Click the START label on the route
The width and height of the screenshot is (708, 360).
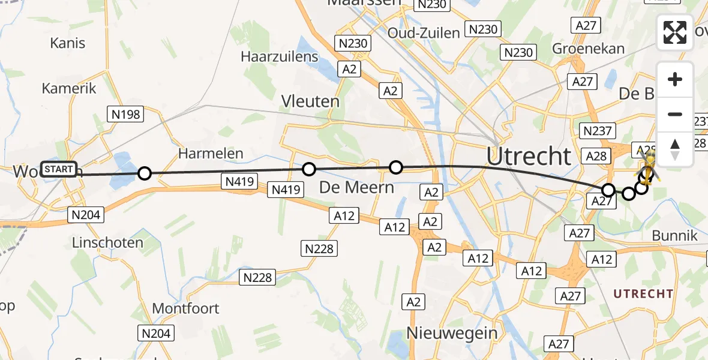59,169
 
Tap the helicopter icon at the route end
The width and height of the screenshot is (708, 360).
648,166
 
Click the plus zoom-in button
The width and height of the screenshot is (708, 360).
675,79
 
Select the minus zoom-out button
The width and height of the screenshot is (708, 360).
675,114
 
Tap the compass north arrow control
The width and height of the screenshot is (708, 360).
675,149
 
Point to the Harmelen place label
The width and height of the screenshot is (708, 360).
211,154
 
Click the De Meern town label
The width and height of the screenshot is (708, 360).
356,187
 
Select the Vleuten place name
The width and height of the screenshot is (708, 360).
311,101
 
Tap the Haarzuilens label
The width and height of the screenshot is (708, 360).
279,56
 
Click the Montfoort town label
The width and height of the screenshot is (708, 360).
185,308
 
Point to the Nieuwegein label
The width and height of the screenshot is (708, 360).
452,332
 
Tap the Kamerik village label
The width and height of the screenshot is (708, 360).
69,88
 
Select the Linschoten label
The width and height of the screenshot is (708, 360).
107,243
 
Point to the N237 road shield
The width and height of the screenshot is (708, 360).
597,131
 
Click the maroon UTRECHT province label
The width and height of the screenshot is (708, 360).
643,294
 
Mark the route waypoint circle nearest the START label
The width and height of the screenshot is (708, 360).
145,173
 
